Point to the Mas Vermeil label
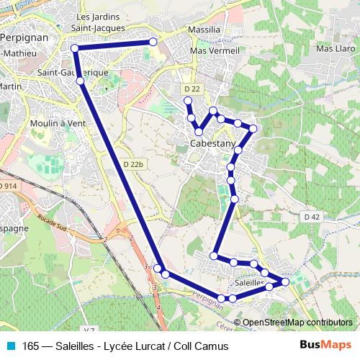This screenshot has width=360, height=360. (214, 51)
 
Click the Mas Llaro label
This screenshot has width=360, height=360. (332, 49)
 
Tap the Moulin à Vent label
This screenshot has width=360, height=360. (59, 123)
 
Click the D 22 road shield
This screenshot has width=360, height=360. (191, 89)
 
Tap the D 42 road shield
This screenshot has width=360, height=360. (311, 217)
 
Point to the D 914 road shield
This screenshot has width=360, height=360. (7, 186)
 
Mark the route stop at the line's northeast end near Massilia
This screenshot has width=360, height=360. (153, 42)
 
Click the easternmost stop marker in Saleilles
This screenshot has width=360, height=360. (286, 282)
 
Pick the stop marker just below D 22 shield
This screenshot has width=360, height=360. (189, 106)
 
